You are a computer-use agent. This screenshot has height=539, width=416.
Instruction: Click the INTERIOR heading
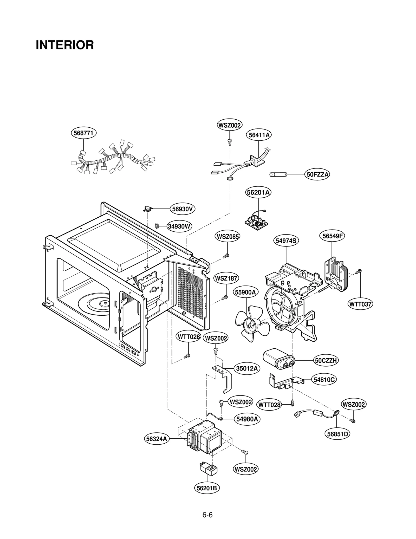point(65,45)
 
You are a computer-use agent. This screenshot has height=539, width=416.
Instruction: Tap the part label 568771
point(83,133)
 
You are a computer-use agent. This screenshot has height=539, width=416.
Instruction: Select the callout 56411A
point(259,135)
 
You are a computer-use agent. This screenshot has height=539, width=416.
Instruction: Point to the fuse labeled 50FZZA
point(278,174)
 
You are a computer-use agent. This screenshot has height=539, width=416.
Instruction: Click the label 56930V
point(182,209)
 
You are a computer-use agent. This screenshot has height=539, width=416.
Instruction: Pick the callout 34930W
point(179,226)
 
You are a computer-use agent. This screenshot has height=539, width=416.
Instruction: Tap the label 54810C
point(324,380)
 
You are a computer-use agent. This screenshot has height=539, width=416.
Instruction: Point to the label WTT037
point(360,304)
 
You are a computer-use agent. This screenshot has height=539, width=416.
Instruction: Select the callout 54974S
point(286,241)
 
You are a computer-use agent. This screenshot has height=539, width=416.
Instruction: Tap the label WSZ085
point(227,237)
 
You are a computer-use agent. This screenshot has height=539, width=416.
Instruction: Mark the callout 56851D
point(337,434)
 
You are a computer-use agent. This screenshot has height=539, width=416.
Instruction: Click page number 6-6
point(207,515)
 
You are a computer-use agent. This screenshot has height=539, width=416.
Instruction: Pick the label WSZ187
point(226,278)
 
